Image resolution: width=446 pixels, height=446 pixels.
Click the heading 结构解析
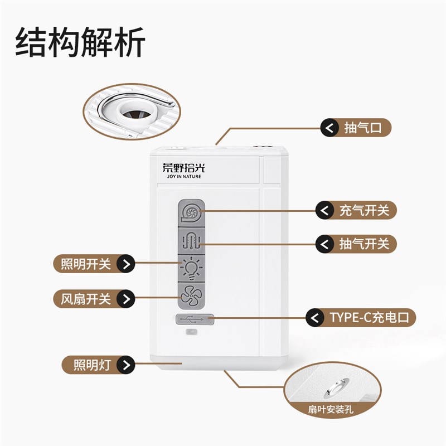(x=81, y=43)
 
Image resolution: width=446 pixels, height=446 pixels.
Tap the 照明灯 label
(x=92, y=365)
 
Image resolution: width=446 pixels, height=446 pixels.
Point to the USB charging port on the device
(x=194, y=319)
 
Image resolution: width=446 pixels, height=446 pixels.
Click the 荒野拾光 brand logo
(x=183, y=167)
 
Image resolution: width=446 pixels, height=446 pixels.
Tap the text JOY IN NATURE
(x=183, y=177)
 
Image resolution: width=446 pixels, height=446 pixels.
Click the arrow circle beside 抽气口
(x=329, y=128)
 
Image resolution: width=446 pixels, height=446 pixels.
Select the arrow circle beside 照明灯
(x=128, y=365)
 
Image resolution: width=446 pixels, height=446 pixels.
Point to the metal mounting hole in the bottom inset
(x=338, y=385)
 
